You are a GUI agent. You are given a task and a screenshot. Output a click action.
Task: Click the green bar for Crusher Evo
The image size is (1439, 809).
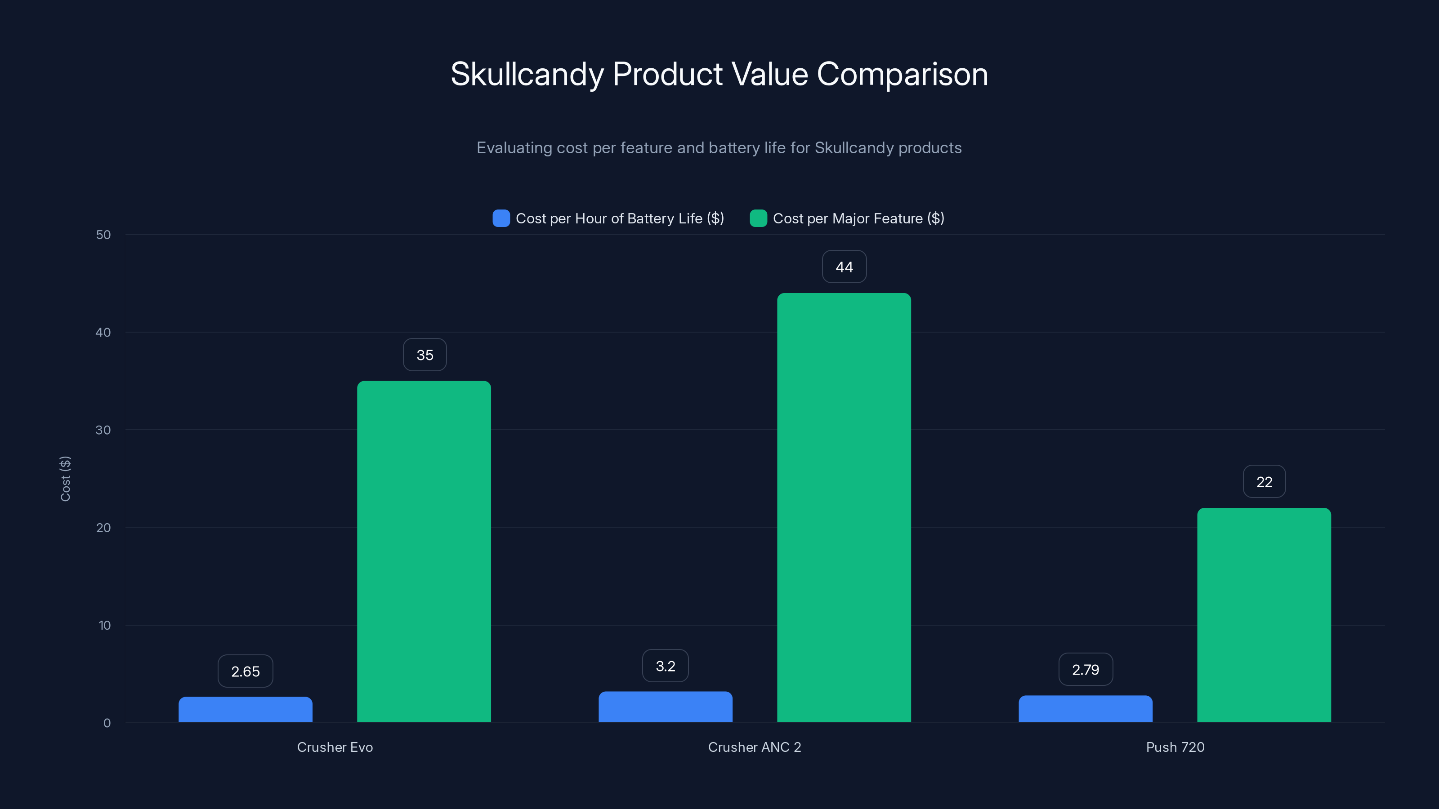424,551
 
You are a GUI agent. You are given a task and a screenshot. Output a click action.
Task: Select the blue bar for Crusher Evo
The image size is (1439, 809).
245,710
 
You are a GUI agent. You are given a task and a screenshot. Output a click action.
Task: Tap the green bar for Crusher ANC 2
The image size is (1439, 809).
844,507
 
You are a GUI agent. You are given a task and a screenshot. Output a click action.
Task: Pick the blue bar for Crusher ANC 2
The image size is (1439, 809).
666,707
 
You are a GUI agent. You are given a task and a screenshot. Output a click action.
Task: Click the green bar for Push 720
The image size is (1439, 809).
1264,615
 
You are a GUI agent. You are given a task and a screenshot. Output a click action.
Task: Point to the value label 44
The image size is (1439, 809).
844,267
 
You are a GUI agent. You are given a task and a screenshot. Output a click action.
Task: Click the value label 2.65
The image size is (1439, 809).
245,671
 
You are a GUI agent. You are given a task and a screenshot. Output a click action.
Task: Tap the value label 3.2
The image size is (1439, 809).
666,666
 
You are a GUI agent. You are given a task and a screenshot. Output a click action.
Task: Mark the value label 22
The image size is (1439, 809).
1264,482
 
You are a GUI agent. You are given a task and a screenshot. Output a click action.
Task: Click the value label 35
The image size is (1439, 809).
425,355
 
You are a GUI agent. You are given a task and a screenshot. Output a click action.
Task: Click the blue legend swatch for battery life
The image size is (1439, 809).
501,218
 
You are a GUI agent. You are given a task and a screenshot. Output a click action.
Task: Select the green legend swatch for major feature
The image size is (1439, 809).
758,218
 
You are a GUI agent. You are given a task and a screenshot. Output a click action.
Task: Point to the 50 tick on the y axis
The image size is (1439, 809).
103,235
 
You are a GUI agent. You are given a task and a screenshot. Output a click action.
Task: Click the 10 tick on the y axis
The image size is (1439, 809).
104,625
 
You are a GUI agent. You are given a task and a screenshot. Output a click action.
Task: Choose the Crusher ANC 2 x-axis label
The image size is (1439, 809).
754,747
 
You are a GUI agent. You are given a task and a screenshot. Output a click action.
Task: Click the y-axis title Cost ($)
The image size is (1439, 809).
65,479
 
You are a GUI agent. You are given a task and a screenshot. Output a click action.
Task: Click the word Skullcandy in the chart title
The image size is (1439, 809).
527,74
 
